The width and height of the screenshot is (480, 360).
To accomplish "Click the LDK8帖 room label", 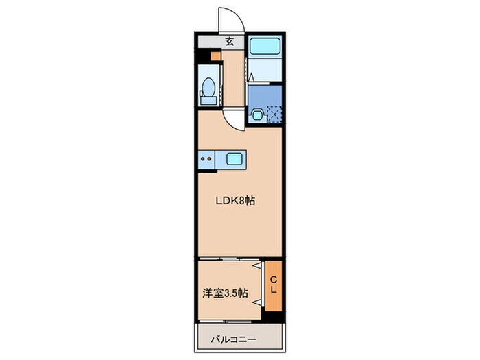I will pos(237,202).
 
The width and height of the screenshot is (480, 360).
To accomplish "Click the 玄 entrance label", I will pos(229,41).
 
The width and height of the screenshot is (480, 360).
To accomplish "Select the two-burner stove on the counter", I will pos(207,160).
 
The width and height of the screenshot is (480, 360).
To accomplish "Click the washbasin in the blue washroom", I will pos(258,115).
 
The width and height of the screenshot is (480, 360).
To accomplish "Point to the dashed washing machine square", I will pos(274,113).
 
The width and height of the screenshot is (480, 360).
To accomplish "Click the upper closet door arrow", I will pos(257,265).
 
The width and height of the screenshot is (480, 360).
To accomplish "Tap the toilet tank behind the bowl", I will pos(207,100).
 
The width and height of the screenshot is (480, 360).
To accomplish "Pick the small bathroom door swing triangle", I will pos(251,77).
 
